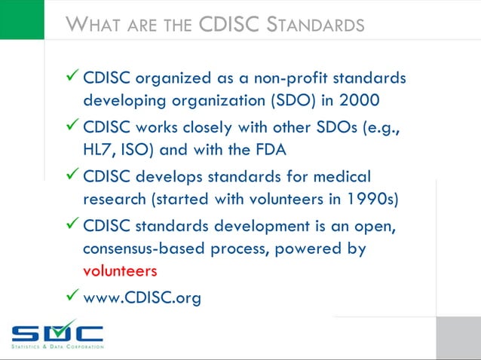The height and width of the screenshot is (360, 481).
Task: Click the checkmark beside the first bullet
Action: (72, 77)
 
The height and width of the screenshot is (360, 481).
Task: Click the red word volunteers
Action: (120, 270)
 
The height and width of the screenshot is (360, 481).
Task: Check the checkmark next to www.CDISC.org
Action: (72, 297)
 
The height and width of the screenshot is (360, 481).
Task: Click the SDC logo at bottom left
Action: (57, 334)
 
